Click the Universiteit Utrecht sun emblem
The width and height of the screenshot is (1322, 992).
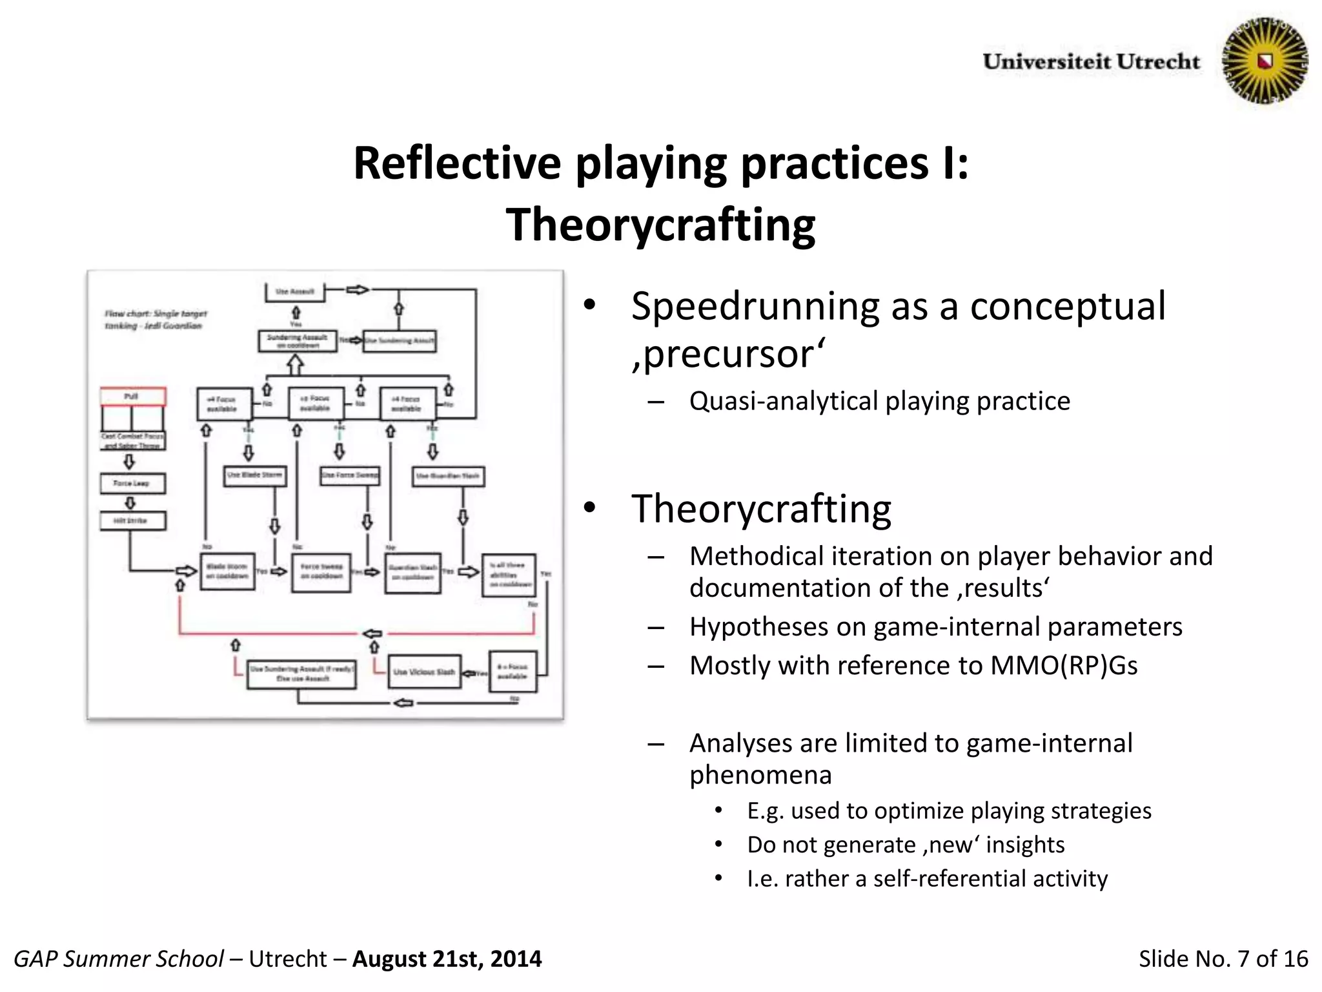click(x=1265, y=61)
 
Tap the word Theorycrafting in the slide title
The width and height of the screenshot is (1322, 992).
click(x=660, y=225)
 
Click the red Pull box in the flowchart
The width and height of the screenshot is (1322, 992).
click(x=133, y=396)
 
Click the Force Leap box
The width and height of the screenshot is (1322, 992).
click(x=132, y=483)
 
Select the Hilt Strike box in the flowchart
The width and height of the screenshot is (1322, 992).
click(x=132, y=521)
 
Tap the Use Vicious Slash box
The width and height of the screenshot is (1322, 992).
click(x=424, y=672)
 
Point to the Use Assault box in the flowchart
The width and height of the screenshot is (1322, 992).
click(x=294, y=292)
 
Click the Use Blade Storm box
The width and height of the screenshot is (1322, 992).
click(x=255, y=475)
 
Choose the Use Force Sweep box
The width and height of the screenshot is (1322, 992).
click(x=350, y=475)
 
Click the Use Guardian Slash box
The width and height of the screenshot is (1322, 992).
click(x=448, y=476)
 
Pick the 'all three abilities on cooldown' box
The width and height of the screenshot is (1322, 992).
click(x=509, y=575)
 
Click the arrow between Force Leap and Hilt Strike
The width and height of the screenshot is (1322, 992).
click(x=130, y=502)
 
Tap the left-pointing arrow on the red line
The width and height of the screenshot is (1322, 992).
click(x=372, y=634)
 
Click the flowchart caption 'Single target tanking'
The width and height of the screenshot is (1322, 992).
click(x=155, y=320)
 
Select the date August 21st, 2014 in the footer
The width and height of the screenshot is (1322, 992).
click(x=447, y=959)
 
